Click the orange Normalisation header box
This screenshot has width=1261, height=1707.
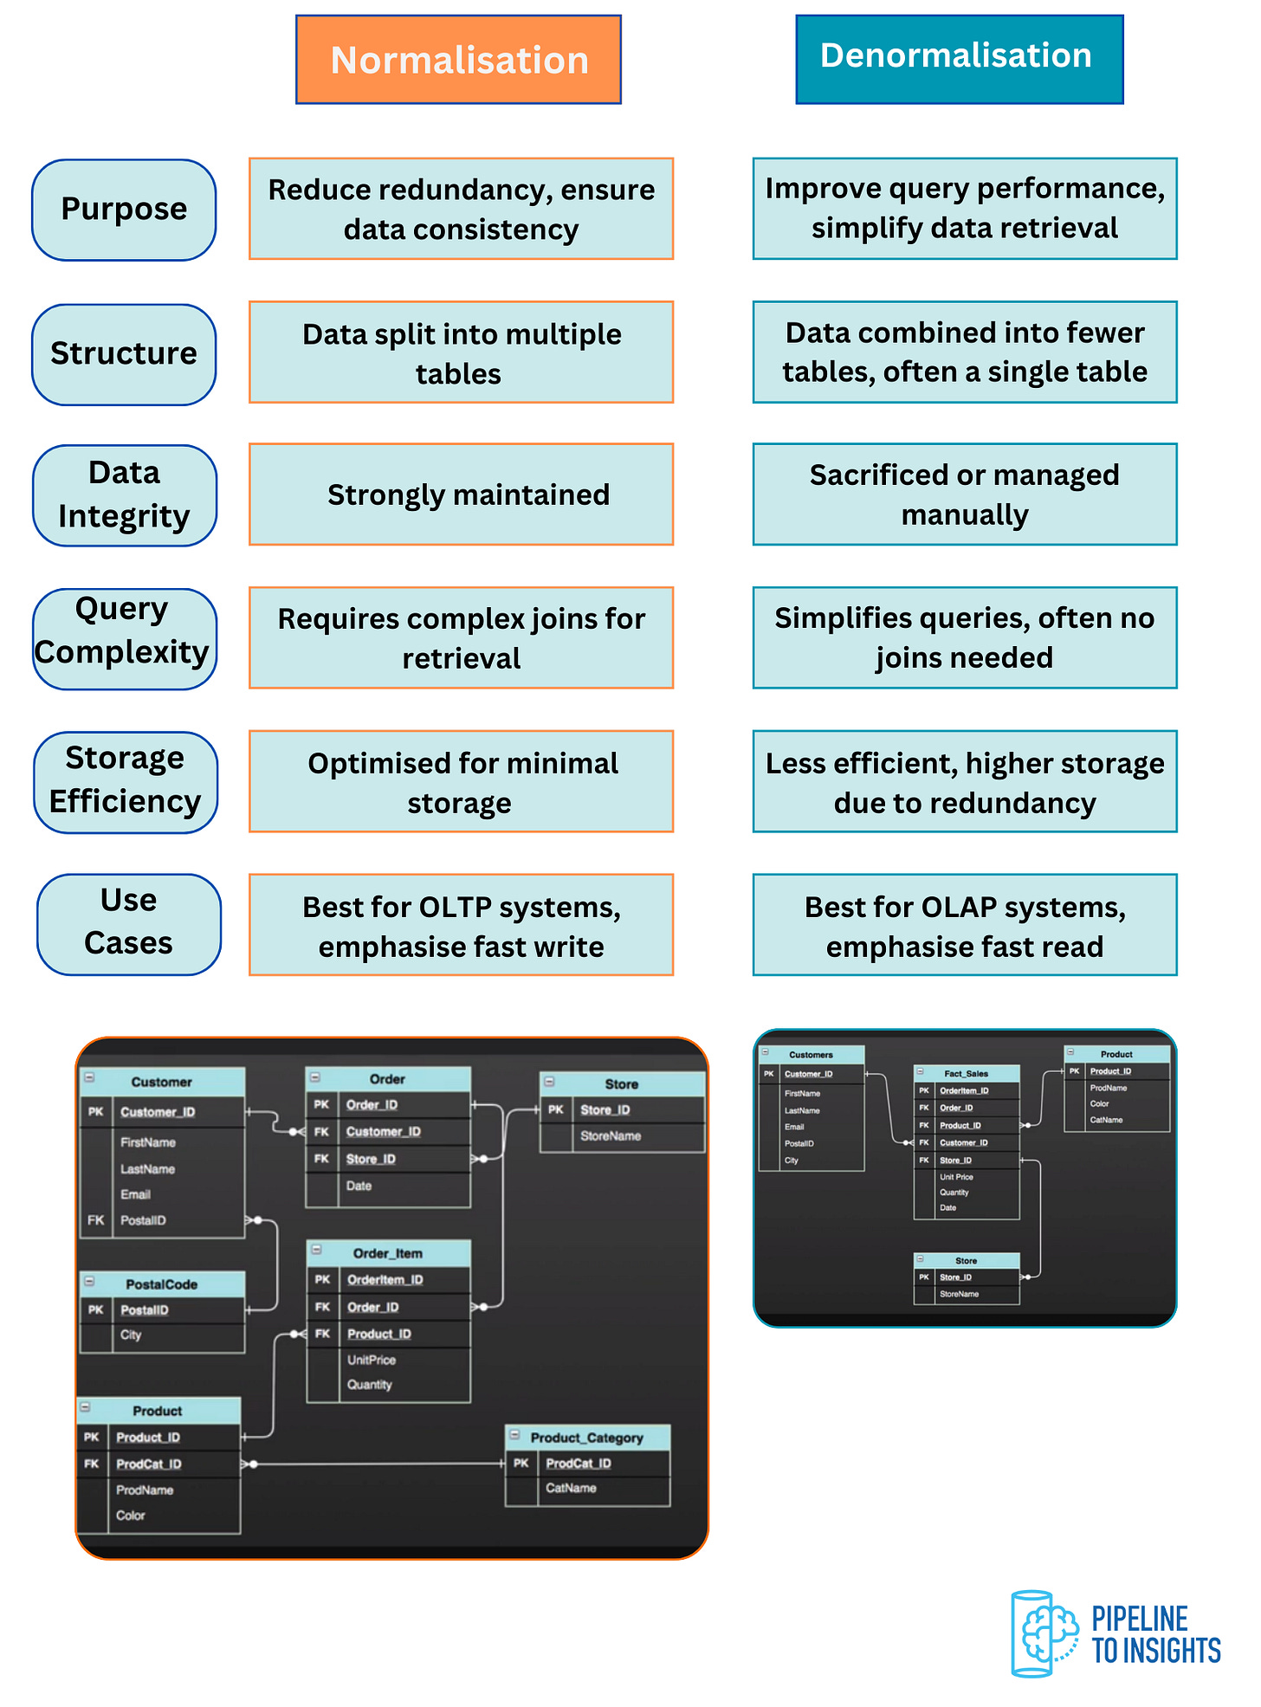(x=458, y=60)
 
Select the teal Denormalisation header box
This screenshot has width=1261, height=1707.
(x=959, y=58)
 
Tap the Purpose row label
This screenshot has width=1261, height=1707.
(x=124, y=210)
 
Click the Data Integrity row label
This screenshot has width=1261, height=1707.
(x=124, y=495)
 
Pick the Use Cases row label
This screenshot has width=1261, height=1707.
(x=128, y=923)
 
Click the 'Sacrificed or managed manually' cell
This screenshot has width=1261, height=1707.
(x=964, y=495)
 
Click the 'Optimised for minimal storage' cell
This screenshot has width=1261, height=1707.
(x=462, y=781)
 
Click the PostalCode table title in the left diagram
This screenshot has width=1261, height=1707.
(x=161, y=1284)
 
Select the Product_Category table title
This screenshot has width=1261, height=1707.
(x=586, y=1438)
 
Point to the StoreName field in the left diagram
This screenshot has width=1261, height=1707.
(x=611, y=1135)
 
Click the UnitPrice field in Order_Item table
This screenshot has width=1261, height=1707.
(x=371, y=1360)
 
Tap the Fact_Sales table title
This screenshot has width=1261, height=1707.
(x=966, y=1073)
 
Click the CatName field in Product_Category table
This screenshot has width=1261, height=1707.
(x=571, y=1488)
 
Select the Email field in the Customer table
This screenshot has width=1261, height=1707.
(x=135, y=1194)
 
